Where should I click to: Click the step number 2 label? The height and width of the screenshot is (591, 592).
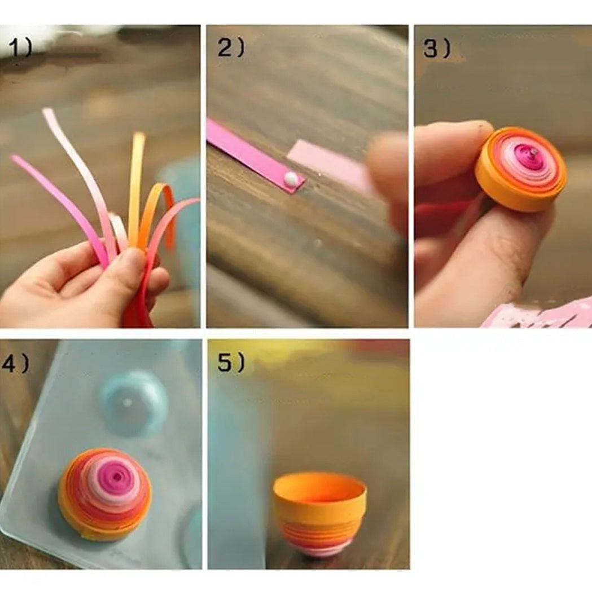(231, 48)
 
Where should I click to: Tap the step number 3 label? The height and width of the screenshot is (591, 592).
(437, 49)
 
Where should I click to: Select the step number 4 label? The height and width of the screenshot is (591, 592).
(15, 364)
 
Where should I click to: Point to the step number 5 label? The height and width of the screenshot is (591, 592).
(231, 364)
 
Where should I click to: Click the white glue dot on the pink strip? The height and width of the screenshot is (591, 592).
(291, 179)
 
